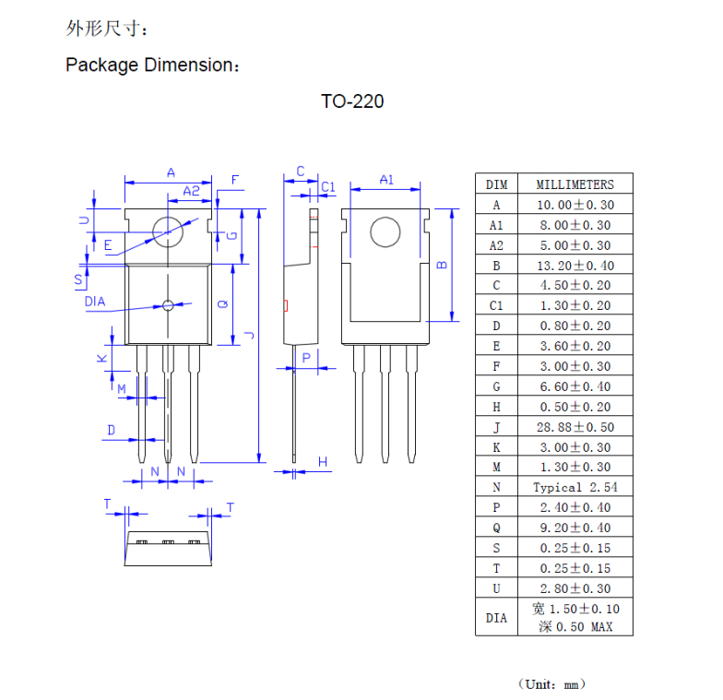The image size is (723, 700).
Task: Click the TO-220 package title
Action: click(352, 101)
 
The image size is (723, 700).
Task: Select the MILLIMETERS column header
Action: click(575, 184)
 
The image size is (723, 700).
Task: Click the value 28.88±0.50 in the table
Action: click(575, 427)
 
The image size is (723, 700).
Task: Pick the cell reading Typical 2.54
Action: click(575, 487)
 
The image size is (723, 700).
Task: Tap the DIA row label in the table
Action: click(496, 618)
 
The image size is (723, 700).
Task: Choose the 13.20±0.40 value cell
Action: click(575, 266)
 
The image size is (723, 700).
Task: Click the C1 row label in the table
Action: click(496, 305)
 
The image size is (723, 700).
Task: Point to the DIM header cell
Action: click(496, 184)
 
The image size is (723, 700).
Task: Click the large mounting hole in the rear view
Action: click(385, 231)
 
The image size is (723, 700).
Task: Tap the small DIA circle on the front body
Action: click(167, 305)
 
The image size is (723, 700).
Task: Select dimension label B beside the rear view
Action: click(442, 266)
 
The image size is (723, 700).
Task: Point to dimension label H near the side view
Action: click(323, 462)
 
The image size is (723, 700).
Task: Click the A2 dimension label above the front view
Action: click(191, 191)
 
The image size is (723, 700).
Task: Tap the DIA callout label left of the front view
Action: click(94, 302)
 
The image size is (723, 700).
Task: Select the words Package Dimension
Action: click(150, 65)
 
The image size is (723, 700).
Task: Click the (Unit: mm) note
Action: click(551, 683)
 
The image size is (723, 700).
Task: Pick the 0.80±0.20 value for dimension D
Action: click(575, 326)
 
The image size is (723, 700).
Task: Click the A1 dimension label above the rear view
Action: click(386, 180)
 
